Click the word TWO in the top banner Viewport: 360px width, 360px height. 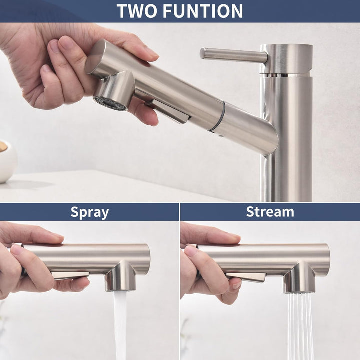(138, 11)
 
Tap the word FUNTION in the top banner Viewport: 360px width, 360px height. (203, 11)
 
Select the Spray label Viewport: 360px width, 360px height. (90, 212)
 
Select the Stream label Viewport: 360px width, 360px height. (270, 212)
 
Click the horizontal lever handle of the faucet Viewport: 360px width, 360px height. (233, 55)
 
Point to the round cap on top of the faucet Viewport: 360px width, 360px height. (286, 59)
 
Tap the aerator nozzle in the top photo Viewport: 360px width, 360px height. (110, 104)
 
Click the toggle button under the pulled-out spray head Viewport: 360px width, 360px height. (169, 111)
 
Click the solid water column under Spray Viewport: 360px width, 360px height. (120, 325)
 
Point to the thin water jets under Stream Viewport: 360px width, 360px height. (300, 326)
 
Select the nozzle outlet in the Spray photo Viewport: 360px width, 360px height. (120, 290)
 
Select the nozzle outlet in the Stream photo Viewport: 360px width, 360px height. (299, 291)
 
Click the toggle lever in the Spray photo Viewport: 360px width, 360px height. (70, 275)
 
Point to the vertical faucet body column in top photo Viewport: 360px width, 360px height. (287, 138)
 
